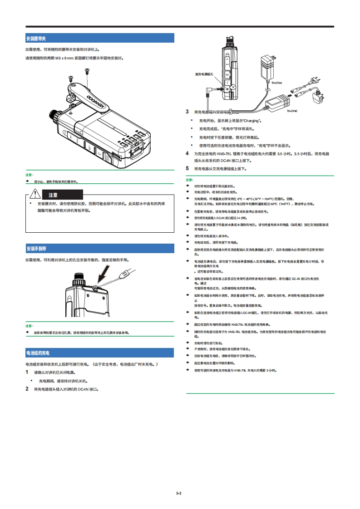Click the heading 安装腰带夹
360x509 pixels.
pos(36,39)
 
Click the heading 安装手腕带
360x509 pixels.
pos(36,249)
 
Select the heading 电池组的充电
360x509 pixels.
pos(38,352)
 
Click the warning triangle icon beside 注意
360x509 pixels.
pos(35,195)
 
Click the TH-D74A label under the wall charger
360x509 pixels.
pos(277,83)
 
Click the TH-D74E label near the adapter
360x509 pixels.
pos(292,110)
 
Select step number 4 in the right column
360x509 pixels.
pos(187,154)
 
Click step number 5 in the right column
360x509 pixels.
pos(187,168)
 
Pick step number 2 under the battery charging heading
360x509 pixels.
pos(27,389)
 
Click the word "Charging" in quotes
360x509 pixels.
pos(252,121)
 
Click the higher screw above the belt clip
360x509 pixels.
pos(87,69)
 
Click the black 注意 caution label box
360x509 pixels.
pos(53,195)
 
